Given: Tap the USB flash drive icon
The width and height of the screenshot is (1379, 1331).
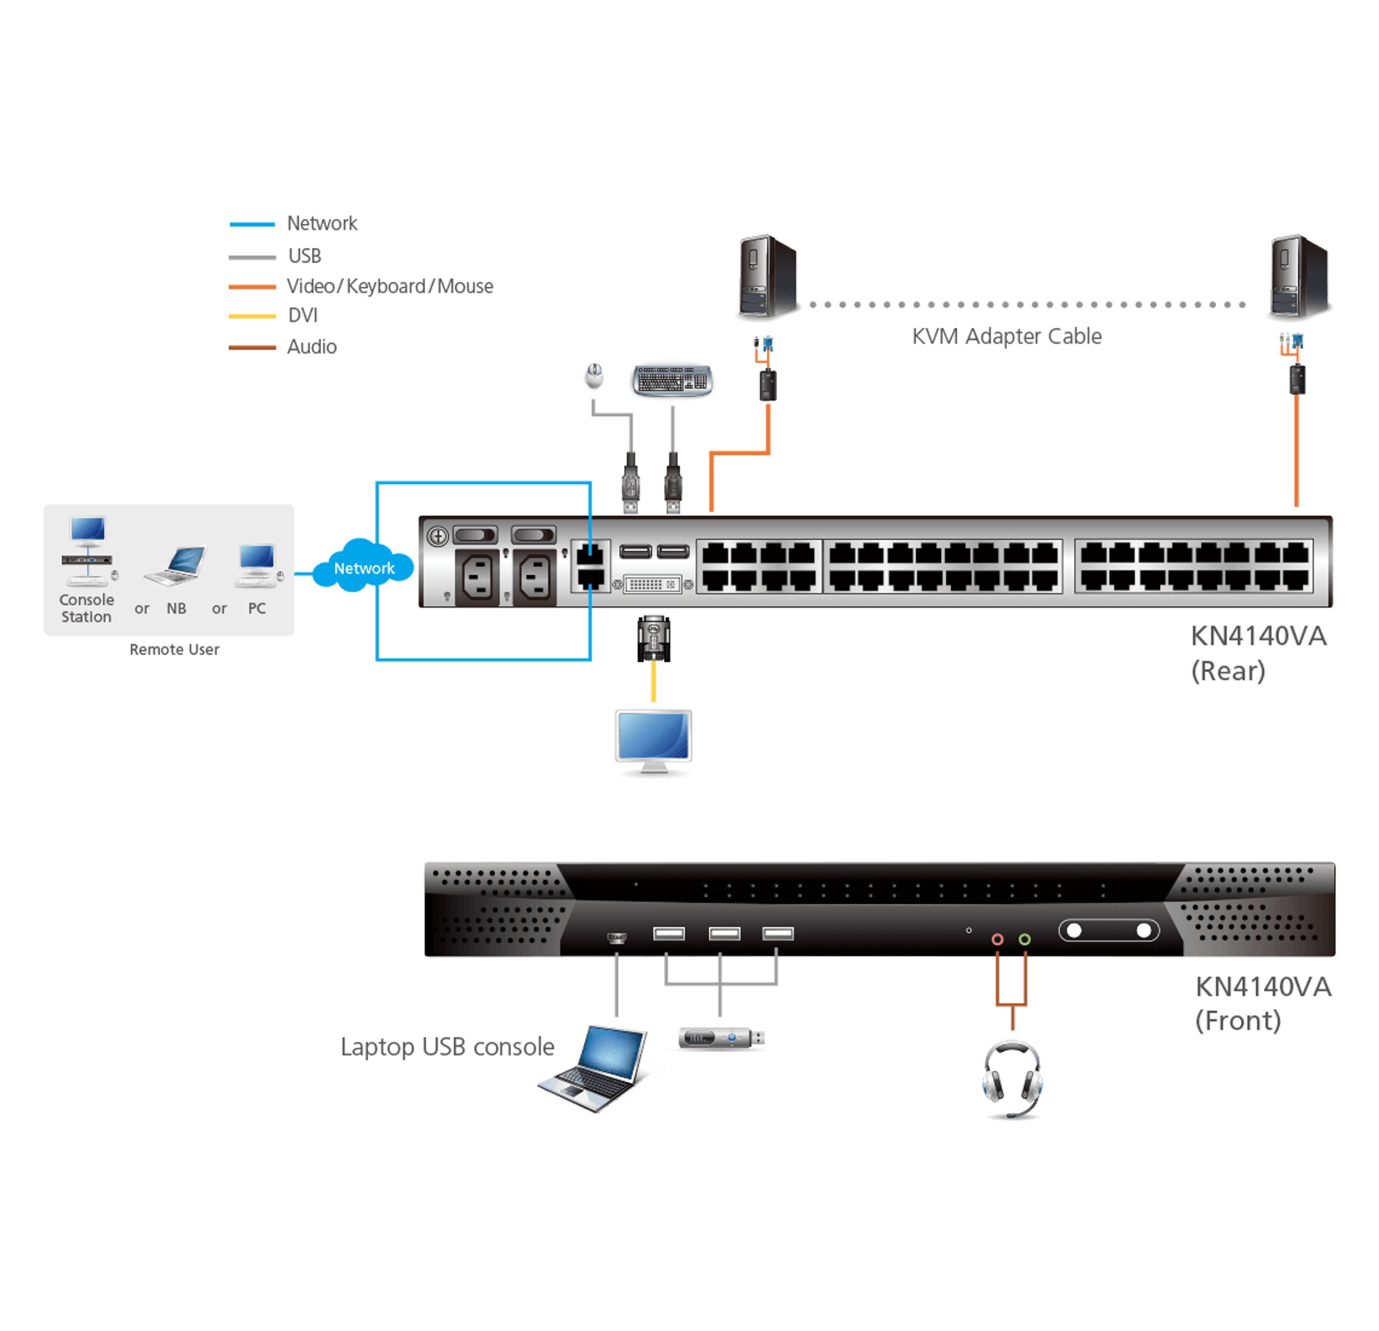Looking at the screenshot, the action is [721, 1038].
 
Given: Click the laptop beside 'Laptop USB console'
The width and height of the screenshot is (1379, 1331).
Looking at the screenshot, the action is [593, 1068].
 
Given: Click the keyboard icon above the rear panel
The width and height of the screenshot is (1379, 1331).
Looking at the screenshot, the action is [673, 381].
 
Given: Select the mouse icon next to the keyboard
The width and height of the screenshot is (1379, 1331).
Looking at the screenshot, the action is [595, 375].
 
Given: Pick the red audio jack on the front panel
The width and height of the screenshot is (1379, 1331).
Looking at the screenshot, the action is [997, 939].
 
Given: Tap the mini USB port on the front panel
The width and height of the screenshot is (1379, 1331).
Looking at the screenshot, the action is [616, 938].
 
